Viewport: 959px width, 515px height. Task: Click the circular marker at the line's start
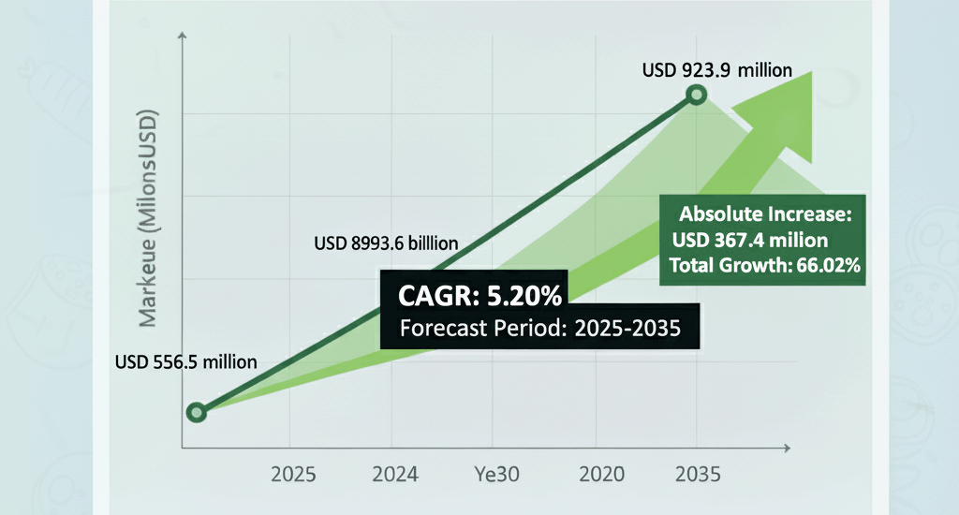pos(196,412)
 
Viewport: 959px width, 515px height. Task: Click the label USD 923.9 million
pos(717,69)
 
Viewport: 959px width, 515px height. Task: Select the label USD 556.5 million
pos(186,361)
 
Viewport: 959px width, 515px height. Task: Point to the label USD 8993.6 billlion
pos(386,243)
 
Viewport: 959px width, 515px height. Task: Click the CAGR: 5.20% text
pos(479,298)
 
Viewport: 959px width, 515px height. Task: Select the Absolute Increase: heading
pos(765,213)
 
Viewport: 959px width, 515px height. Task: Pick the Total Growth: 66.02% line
pos(765,266)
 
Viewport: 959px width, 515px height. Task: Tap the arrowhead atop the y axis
pos(182,37)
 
